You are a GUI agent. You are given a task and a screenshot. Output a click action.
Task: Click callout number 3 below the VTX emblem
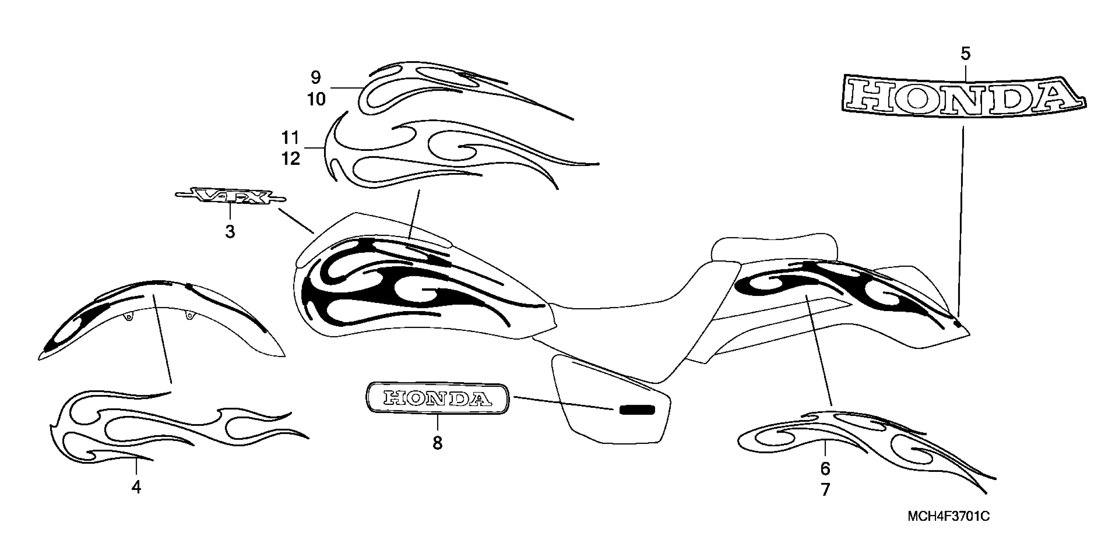[230, 232]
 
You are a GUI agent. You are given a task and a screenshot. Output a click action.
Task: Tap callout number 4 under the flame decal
[136, 488]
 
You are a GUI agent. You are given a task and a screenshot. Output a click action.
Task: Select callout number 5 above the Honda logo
[965, 54]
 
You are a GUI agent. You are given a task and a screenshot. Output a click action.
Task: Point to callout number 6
[825, 469]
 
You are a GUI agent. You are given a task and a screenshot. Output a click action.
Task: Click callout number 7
[825, 490]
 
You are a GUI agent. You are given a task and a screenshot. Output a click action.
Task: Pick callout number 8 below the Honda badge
[437, 443]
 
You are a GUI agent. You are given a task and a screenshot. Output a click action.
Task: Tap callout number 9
[316, 78]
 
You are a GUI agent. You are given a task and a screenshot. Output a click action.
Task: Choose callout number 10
[316, 99]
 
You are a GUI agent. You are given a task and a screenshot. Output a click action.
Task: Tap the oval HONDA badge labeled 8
[437, 398]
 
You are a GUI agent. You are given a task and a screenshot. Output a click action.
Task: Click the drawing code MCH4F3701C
[949, 517]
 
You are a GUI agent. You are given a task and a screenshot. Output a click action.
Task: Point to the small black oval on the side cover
[637, 410]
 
